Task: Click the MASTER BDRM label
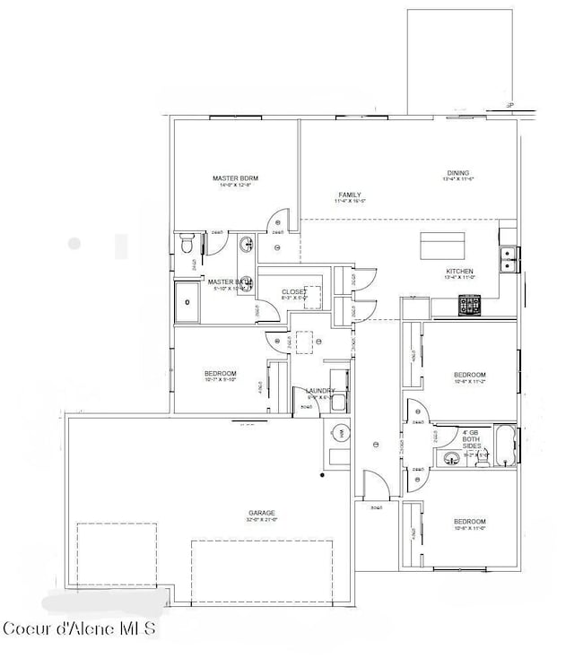tap(236, 178)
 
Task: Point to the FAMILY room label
tap(350, 195)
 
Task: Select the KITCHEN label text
tap(459, 271)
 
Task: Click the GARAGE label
tap(262, 513)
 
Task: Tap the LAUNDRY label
tap(320, 391)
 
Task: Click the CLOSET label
tap(294, 291)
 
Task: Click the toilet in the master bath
tap(187, 242)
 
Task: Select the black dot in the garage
tap(322, 474)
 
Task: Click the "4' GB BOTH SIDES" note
tap(472, 437)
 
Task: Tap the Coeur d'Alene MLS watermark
tap(79, 627)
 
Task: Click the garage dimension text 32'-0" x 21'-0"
tap(262, 520)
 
